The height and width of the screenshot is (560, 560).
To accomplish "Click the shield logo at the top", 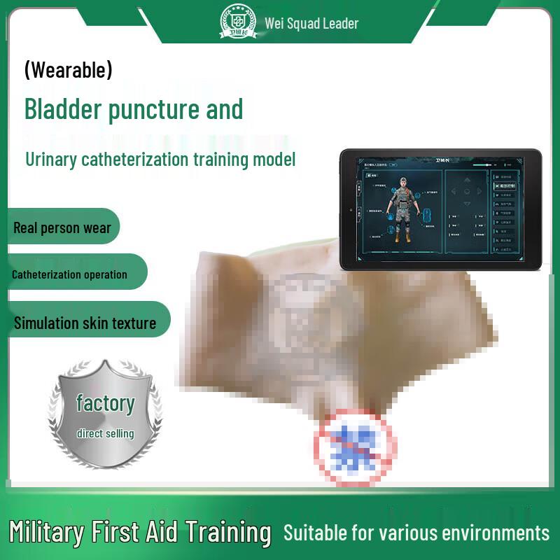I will coord(239,21).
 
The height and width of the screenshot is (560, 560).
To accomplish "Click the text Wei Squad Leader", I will coord(311,23).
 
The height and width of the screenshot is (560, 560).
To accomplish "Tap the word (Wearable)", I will coord(68,70).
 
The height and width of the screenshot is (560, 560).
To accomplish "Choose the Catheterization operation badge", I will coord(69,274).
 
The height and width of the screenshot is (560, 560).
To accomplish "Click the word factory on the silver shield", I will coord(105,403).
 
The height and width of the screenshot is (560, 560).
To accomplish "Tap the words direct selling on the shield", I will coord(105,433).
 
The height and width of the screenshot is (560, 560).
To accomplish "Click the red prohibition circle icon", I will coord(353,447).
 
